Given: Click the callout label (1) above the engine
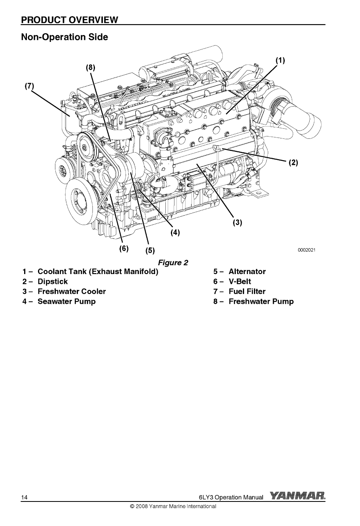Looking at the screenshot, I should point(280,61).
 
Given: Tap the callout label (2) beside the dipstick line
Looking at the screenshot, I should point(293,163).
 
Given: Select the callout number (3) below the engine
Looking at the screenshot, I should point(237,223).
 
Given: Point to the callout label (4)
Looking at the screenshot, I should point(175,233).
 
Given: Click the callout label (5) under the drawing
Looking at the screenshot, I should point(150,250).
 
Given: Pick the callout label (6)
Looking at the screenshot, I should point(124,248).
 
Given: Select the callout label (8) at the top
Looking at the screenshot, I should point(91,67).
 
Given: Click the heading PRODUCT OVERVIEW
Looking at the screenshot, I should point(70,19).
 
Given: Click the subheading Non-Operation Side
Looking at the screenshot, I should point(64,37).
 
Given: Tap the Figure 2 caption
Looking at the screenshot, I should point(173,263).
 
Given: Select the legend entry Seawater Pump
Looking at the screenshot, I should point(66,302).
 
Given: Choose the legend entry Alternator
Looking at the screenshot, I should point(247,272).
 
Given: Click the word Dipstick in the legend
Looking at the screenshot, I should point(53,282).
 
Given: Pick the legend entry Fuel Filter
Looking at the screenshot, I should point(247,291).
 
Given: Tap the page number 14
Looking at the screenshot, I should point(25,497).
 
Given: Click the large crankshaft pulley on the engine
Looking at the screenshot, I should point(80,198).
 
